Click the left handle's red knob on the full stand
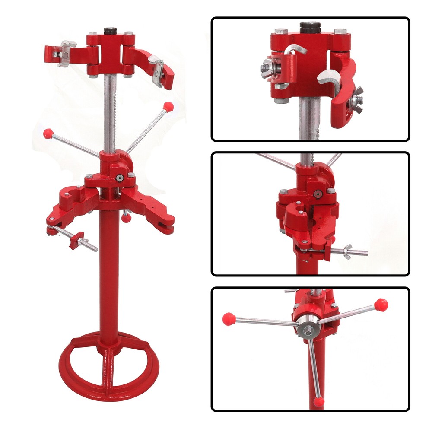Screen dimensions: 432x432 pos(49,132)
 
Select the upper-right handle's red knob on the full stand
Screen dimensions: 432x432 pos(168,105)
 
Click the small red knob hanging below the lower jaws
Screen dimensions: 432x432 pos(126,218)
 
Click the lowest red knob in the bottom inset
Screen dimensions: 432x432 pos(318,402)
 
